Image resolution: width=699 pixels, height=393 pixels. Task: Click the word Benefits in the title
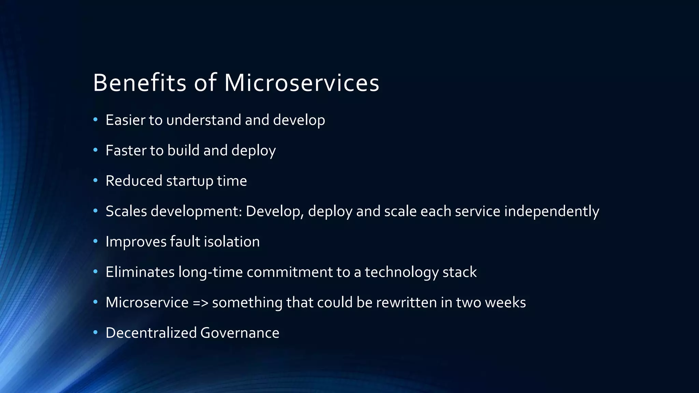139,83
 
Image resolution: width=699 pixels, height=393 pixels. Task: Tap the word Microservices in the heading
301,83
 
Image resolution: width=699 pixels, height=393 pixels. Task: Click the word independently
551,211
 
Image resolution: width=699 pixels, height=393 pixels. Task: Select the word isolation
232,242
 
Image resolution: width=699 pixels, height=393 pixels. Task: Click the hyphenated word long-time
210,272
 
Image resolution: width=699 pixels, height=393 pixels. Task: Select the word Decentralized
151,333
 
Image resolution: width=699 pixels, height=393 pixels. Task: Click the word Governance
240,333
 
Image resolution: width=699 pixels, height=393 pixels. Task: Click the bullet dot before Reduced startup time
96,180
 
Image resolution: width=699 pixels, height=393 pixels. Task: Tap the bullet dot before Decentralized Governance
96,332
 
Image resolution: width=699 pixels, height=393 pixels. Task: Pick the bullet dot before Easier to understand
96,120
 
